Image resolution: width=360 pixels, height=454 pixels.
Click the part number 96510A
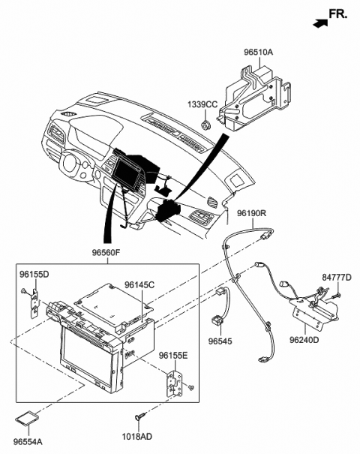pyautogui.click(x=259, y=53)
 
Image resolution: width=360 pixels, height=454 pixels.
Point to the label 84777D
pyautogui.click(x=337, y=277)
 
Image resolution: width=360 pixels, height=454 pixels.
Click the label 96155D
pyautogui.click(x=34, y=275)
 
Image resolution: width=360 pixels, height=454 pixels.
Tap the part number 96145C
pyautogui.click(x=139, y=285)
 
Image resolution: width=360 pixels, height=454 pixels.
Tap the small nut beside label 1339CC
pyautogui.click(x=205, y=122)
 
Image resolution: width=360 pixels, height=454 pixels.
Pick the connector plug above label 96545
pyautogui.click(x=220, y=320)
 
